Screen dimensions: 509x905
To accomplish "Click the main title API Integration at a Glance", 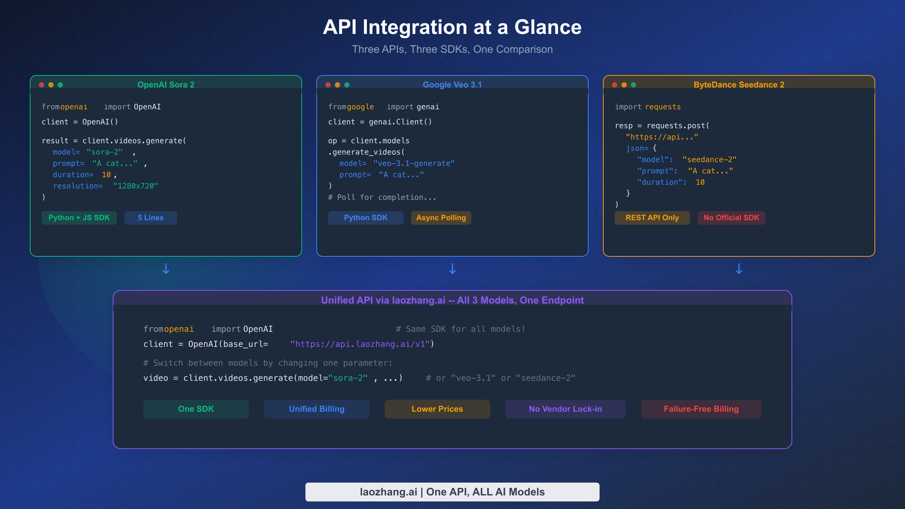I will tap(452, 27).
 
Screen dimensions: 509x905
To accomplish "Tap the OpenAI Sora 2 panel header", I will tap(166, 84).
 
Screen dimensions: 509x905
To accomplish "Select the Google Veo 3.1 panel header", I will tap(452, 84).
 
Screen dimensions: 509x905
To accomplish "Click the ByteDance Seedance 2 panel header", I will tap(739, 84).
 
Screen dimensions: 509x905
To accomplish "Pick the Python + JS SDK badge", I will tap(79, 218).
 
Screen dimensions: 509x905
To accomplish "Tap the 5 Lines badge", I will tap(150, 218).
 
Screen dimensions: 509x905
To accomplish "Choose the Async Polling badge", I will tap(441, 218).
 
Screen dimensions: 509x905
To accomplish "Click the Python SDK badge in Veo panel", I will tap(365, 218).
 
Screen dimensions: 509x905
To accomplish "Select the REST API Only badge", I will tap(652, 218).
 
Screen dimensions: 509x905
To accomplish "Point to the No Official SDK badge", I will tap(731, 218).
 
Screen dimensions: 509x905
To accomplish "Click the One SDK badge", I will tap(196, 409).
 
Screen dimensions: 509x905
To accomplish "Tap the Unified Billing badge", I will tap(316, 409).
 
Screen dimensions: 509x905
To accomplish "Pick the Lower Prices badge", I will tap(437, 409).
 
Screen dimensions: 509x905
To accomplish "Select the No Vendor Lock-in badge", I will tap(565, 409).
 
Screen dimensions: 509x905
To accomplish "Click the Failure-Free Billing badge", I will tap(701, 409).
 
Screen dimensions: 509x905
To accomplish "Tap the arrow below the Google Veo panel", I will tap(452, 269).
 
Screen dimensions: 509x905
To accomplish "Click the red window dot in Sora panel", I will tap(41, 85).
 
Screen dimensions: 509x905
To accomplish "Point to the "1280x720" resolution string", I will tap(135, 186).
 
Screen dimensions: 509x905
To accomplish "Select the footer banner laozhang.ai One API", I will tap(452, 492).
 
